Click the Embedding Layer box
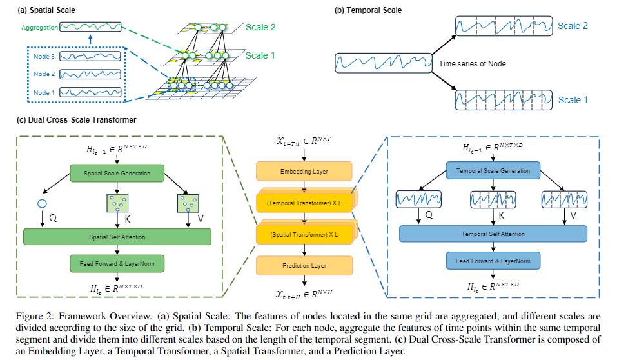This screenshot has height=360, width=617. (304, 171)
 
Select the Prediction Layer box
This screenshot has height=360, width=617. (304, 265)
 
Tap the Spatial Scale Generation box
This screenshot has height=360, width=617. (117, 173)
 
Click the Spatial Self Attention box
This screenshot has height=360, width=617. (117, 237)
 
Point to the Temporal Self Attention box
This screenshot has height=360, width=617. (493, 234)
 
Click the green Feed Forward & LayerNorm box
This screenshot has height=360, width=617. (117, 263)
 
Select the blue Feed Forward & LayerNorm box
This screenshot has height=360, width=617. (493, 261)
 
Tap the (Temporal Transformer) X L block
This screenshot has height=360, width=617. (304, 203)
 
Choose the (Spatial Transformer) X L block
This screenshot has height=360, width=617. (304, 234)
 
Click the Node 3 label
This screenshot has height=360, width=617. (44, 56)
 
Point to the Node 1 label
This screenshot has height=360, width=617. (44, 92)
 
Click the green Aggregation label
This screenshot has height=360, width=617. (39, 28)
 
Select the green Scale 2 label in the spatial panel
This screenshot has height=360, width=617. (260, 28)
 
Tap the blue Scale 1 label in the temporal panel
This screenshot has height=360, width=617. (573, 100)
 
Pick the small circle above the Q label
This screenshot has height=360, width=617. (43, 203)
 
